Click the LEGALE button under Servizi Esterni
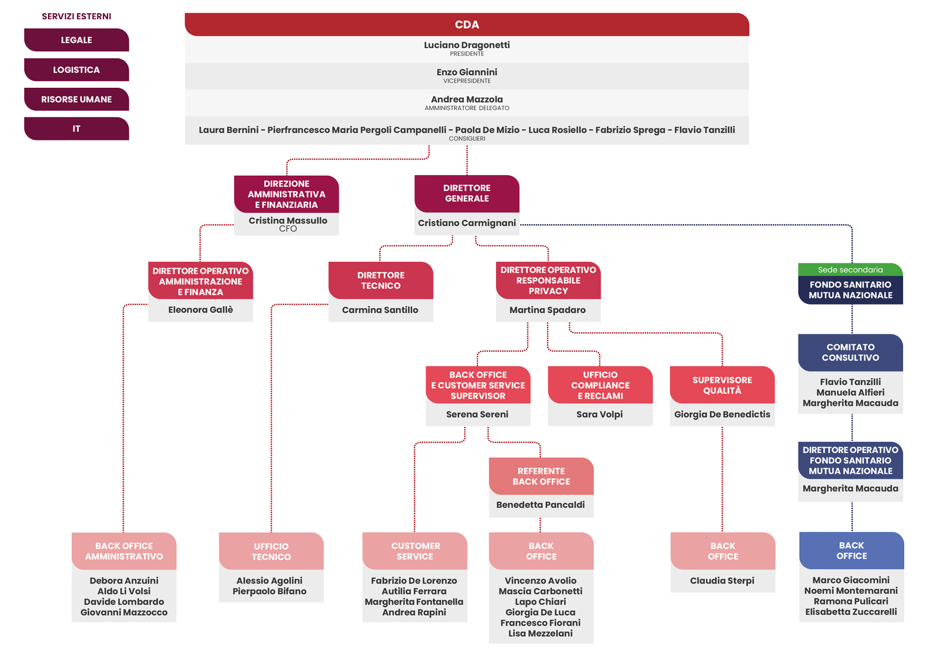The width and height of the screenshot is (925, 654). pyautogui.click(x=76, y=40)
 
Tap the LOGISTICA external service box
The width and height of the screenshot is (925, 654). pyautogui.click(x=76, y=70)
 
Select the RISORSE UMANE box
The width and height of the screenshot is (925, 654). pyautogui.click(x=76, y=99)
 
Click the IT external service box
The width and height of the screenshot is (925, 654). pyautogui.click(x=76, y=129)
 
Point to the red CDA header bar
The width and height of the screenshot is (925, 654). pyautogui.click(x=467, y=24)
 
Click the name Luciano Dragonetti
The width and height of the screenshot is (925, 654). pyautogui.click(x=467, y=45)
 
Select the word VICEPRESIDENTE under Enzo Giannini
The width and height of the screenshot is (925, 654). pyautogui.click(x=467, y=81)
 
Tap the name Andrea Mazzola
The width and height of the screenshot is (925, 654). pyautogui.click(x=467, y=99)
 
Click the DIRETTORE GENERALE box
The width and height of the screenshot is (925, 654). pyautogui.click(x=467, y=194)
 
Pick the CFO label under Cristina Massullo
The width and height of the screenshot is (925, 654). pyautogui.click(x=288, y=229)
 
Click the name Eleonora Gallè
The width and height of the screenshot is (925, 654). pyautogui.click(x=200, y=310)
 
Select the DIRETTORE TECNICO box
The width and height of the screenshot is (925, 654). pyautogui.click(x=381, y=281)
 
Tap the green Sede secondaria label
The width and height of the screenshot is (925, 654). pyautogui.click(x=850, y=270)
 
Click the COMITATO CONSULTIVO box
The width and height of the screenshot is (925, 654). pyautogui.click(x=850, y=353)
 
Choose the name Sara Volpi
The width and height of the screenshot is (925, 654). pyautogui.click(x=600, y=414)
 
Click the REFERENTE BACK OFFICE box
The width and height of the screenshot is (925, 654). pyautogui.click(x=541, y=476)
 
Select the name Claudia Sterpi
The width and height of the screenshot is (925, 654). pyautogui.click(x=722, y=581)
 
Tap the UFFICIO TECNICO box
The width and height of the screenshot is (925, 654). pyautogui.click(x=271, y=551)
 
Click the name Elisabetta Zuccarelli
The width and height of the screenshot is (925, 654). pyautogui.click(x=850, y=612)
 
